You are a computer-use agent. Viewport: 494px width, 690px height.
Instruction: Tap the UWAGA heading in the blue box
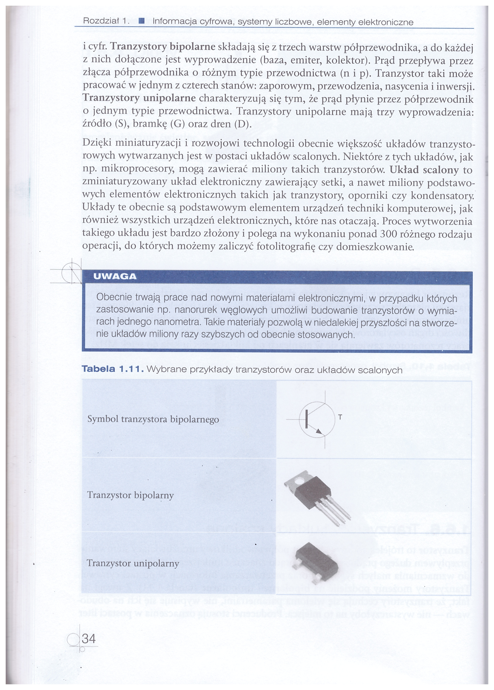pyautogui.click(x=115, y=276)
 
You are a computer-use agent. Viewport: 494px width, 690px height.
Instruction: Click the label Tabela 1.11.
pyautogui.click(x=112, y=370)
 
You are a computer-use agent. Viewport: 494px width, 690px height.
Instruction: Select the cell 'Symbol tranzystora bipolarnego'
pyautogui.click(x=153, y=419)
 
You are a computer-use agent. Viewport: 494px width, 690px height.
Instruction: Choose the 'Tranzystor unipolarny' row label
pyautogui.click(x=133, y=563)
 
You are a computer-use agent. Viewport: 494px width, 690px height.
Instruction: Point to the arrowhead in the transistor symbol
pyautogui.click(x=318, y=431)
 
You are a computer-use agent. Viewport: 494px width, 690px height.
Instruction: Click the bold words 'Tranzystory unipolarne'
pyautogui.click(x=139, y=99)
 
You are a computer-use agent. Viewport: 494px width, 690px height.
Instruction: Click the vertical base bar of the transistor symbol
pyautogui.click(x=306, y=419)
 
